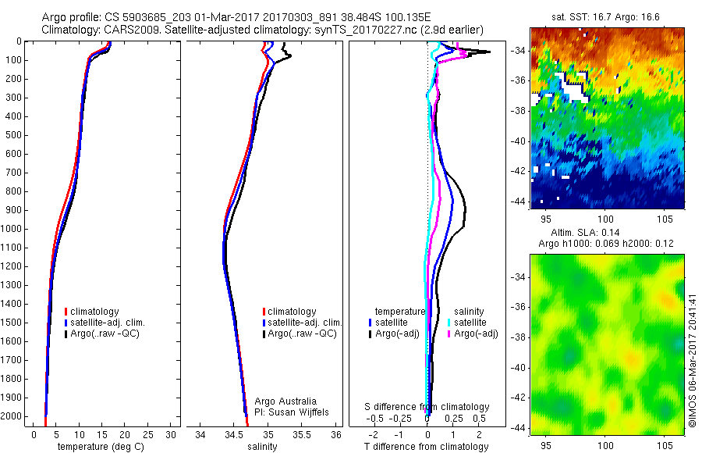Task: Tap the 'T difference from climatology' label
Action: tap(427, 447)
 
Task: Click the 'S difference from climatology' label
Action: tap(427, 407)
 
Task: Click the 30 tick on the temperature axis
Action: tap(171, 434)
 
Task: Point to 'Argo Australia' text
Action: tap(286, 401)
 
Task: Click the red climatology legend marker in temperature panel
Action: tap(66, 312)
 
